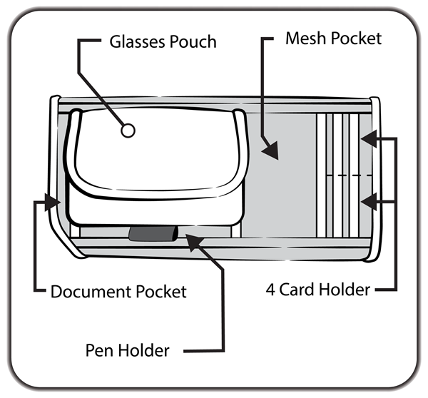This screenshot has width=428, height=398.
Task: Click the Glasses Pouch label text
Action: pos(163,41)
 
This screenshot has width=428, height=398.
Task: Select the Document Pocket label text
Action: pos(118,291)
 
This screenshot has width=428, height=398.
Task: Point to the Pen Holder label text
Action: pos(128,350)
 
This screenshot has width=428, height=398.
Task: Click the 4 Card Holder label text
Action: pos(318,290)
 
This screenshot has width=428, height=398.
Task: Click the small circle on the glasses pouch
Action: pos(128,131)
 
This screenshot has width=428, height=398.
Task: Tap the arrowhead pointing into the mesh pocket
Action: pos(269,150)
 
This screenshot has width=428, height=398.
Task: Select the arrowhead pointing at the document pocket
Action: pos(51,202)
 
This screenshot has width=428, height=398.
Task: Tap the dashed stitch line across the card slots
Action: pos(350,175)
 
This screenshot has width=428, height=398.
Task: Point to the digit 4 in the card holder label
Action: pos(270,290)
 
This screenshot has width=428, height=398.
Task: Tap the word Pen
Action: pos(99,350)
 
